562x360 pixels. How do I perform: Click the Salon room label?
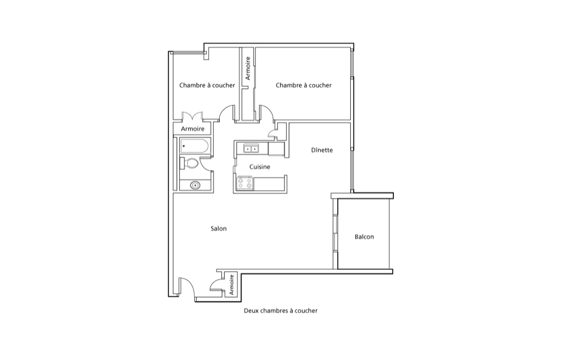219,228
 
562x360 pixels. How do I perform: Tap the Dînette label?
322,150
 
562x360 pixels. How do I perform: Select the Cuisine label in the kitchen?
260,166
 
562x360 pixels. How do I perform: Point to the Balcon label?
364,237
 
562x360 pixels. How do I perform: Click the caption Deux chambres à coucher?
280,310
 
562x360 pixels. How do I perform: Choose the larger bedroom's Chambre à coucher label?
303,85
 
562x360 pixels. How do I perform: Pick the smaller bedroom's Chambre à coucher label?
207,85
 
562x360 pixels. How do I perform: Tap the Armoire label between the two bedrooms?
248,68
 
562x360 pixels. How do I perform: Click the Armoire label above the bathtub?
192,129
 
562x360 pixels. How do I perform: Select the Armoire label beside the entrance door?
232,285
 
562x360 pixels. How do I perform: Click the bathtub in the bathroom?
194,146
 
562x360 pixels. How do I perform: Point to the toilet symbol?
189,163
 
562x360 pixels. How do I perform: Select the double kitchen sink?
251,148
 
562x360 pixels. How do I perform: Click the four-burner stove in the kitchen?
245,183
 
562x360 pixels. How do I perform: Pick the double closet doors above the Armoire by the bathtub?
192,116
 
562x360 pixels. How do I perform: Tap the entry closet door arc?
216,283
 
